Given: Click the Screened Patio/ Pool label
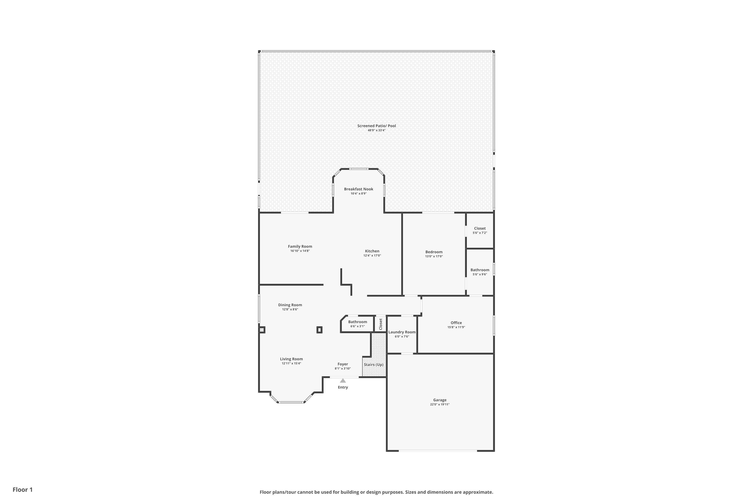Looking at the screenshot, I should pos(376,126).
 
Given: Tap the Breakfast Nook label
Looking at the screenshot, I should pos(359,189).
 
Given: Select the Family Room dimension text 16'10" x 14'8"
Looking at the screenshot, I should pos(300,251).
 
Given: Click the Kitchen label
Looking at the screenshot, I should pos(372,251).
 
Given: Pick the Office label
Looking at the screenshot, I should pos(456,323).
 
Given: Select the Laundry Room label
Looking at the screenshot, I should pos(402,332).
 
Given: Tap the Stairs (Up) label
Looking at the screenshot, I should pos(374,365).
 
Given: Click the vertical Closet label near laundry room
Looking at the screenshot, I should pos(381,324).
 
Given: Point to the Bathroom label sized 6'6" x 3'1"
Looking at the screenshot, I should pos(358,322).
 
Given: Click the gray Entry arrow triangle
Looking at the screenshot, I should pos(343,381).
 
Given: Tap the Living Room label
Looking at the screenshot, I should pos(291,359).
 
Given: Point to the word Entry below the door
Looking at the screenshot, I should pos(343,387).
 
